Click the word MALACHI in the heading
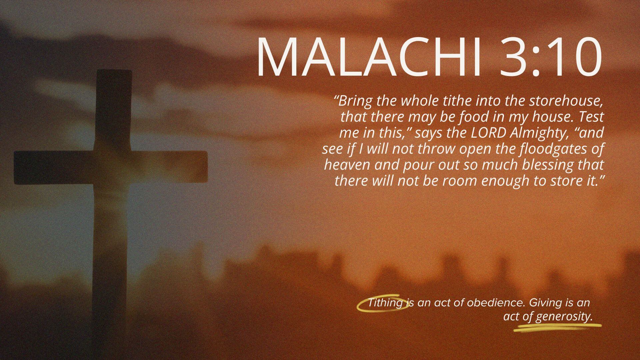(368, 57)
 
